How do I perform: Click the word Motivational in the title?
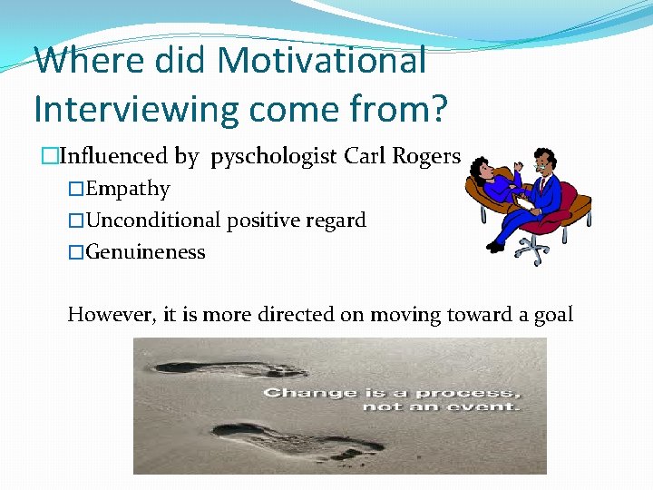321,61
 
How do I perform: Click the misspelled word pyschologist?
274,157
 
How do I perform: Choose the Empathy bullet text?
128,189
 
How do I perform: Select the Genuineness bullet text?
145,251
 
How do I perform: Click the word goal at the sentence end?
552,315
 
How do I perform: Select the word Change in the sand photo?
297,393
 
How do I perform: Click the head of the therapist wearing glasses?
544,164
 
